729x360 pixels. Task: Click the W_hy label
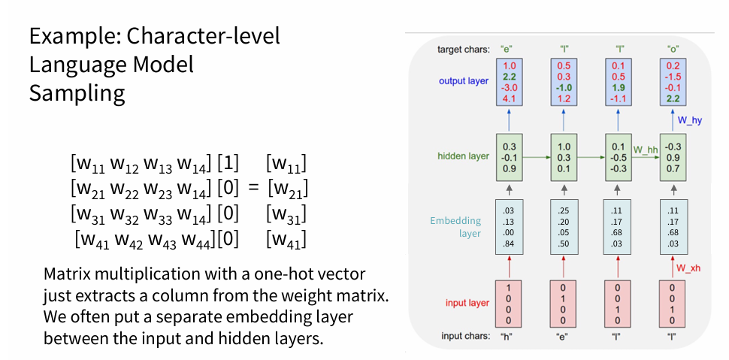[x=689, y=119]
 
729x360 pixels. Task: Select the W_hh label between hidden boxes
[x=645, y=150]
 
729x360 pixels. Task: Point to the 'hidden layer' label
[x=463, y=157]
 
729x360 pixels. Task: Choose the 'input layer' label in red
[x=466, y=303]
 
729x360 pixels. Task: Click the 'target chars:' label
[x=464, y=50]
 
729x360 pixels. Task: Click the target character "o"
[x=673, y=50]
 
